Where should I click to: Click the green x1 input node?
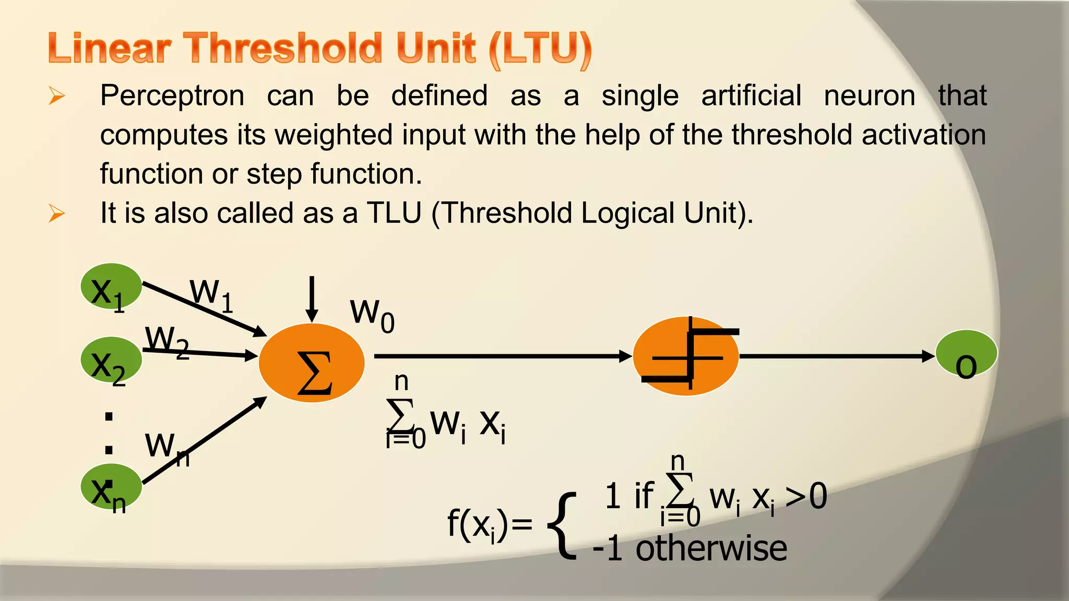111,286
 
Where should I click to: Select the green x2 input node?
111,359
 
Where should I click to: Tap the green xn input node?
111,486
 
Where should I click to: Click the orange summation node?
312,363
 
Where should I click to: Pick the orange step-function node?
686,356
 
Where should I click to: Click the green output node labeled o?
966,353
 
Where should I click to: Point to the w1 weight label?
211,295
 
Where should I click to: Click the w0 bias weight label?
372,315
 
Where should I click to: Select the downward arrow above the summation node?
312,299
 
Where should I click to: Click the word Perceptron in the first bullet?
172,96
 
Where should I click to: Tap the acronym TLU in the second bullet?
394,213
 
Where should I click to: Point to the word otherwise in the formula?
711,549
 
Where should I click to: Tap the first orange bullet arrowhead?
56,96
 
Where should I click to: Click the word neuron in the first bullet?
870,96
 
